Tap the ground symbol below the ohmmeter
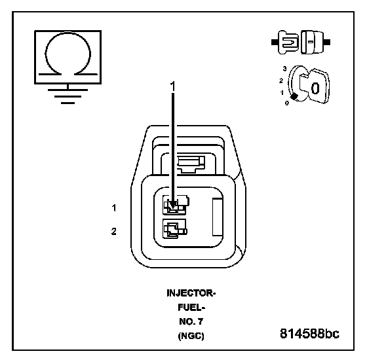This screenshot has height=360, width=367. tap(68, 96)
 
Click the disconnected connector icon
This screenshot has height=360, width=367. tap(301, 43)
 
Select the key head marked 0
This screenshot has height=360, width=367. tap(319, 86)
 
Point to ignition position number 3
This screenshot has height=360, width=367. tap(284, 69)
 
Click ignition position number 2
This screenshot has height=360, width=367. tap(281, 81)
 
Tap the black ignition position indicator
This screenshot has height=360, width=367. tap(294, 96)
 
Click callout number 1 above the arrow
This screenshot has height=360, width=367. tap(173, 86)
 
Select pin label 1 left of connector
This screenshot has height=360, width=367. tap(114, 208)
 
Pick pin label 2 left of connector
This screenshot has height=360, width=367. tap(114, 232)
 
